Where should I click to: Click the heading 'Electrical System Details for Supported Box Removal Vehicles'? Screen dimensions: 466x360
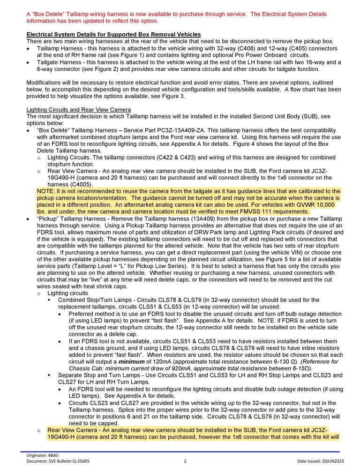(x=113, y=35)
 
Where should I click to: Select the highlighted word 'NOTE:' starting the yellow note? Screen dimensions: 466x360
(x=46, y=191)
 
